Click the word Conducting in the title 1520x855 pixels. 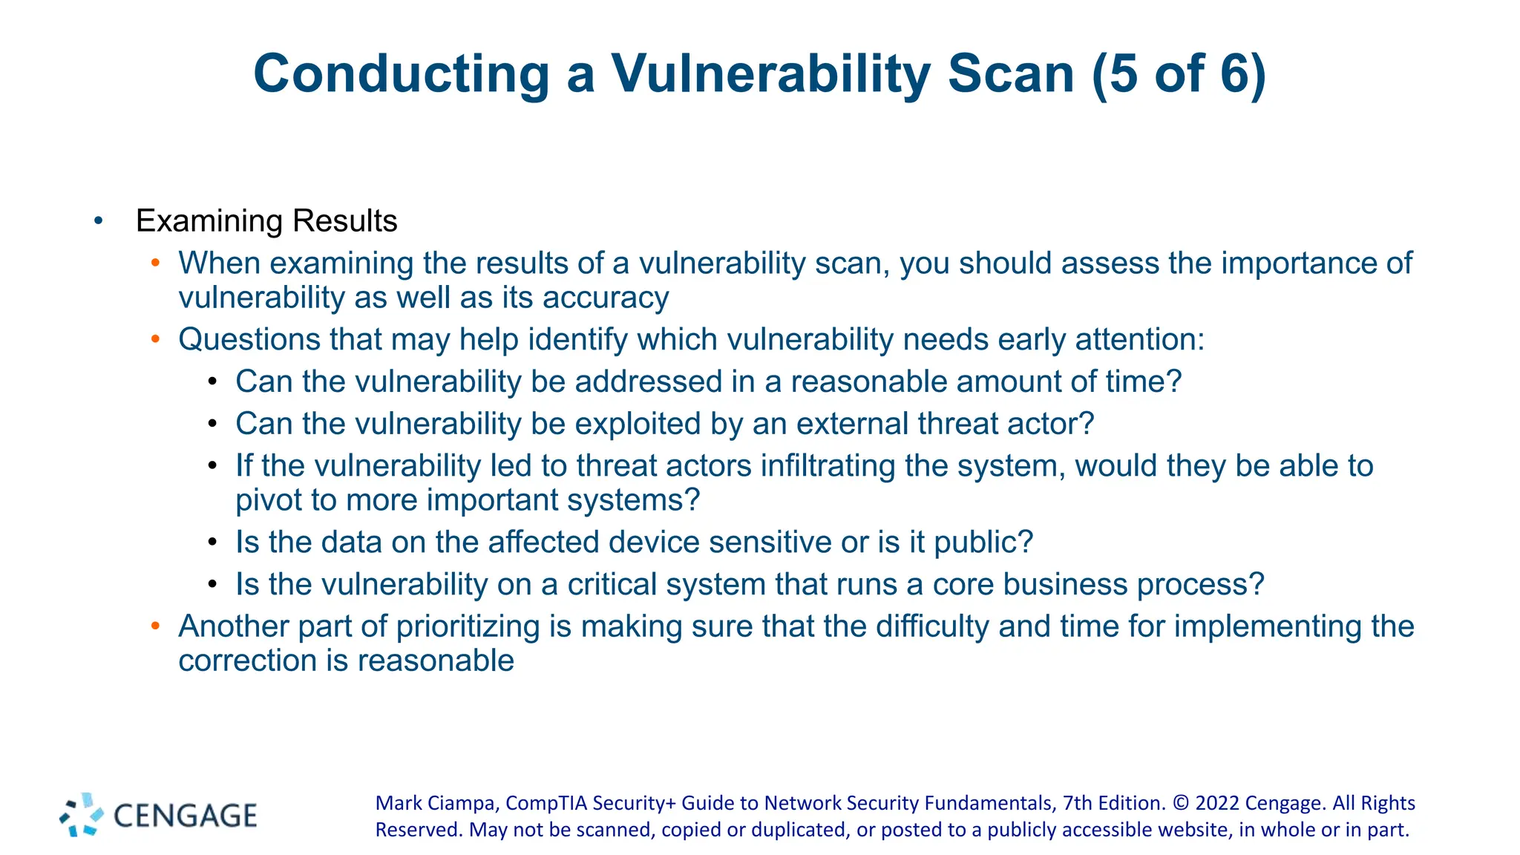tap(401, 74)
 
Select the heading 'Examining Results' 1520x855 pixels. tap(266, 221)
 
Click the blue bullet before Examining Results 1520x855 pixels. tap(99, 220)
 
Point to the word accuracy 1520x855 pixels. tap(606, 298)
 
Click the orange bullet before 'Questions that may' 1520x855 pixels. tap(155, 339)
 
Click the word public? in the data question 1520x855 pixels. tap(983, 543)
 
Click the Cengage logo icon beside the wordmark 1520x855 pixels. tap(82, 815)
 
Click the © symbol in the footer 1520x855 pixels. tap(1182, 803)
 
